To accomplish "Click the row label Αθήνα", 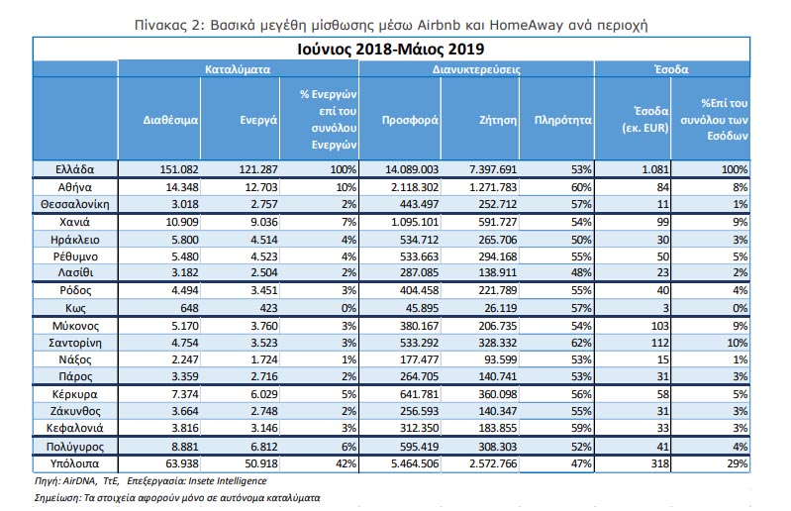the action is click(x=74, y=187).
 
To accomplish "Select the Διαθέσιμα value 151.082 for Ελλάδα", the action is click(x=179, y=169).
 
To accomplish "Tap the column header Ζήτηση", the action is click(x=498, y=120).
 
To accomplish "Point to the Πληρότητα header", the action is click(x=562, y=120).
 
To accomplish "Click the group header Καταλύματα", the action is click(x=237, y=69).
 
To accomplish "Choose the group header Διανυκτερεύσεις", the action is click(x=476, y=69).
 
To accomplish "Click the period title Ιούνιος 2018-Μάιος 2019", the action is click(x=390, y=49).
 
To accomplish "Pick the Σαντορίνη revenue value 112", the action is click(x=659, y=343).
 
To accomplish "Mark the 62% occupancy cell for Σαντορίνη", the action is click(x=581, y=343).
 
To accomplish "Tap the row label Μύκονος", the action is click(x=75, y=326).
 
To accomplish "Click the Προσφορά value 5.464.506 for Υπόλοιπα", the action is click(x=415, y=463).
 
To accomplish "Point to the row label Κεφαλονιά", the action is click(x=74, y=428).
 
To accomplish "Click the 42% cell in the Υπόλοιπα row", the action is click(x=346, y=463).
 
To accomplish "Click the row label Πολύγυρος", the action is click(x=74, y=447).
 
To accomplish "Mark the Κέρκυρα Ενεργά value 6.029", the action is click(x=264, y=394).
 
